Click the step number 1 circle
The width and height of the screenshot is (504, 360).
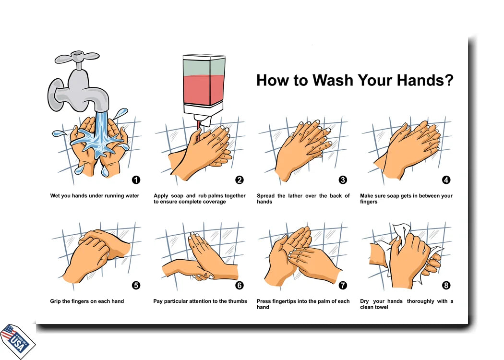(136, 180)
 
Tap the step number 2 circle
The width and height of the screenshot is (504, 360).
(240, 180)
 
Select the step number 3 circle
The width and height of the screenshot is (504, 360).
(343, 180)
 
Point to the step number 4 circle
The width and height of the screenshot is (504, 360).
(446, 180)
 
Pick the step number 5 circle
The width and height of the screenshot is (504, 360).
(136, 285)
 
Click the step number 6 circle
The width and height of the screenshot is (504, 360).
(240, 285)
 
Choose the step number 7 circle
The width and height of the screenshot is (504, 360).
(343, 285)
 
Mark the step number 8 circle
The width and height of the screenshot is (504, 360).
(446, 285)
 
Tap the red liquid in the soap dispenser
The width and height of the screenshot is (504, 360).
(204, 90)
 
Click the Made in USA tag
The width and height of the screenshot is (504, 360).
(18, 341)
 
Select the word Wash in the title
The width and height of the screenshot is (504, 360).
(333, 80)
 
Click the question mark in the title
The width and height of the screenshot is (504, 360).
(448, 80)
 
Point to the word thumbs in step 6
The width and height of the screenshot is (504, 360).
(238, 301)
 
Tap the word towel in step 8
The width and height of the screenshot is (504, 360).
(381, 307)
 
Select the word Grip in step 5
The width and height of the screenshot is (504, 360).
(55, 301)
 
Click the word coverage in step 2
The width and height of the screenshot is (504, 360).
(214, 202)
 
